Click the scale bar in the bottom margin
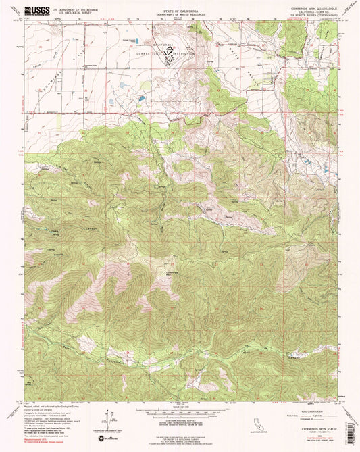coord(180,409)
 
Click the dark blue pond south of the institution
coord(140,99)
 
